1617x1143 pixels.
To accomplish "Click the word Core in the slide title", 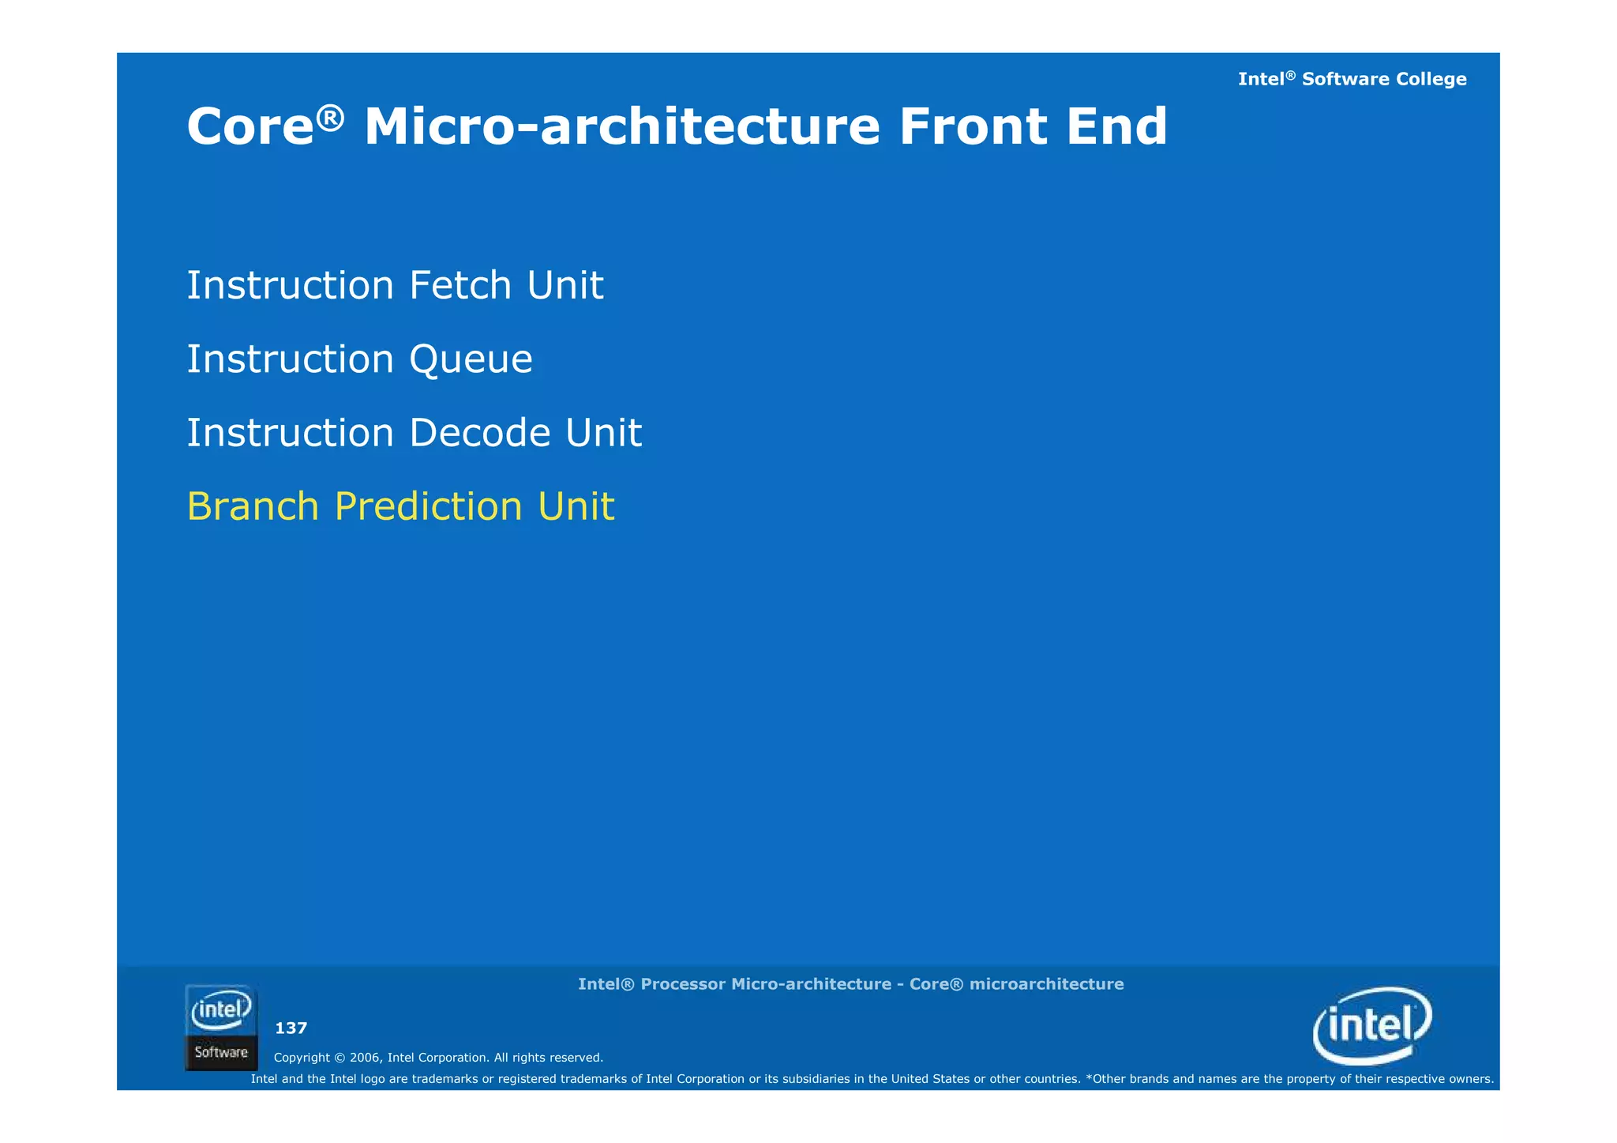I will pyautogui.click(x=250, y=127).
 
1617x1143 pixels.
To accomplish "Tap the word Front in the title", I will pyautogui.click(x=973, y=127).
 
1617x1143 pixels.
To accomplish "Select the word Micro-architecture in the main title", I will pyautogui.click(x=621, y=127).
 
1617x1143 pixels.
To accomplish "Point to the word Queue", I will pyautogui.click(x=471, y=360).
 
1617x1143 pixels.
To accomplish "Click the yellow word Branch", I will pyautogui.click(x=253, y=506).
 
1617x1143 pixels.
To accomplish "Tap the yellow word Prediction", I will pyautogui.click(x=428, y=508).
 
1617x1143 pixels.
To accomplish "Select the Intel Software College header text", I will pyautogui.click(x=1352, y=79).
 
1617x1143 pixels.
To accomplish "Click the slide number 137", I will pyautogui.click(x=291, y=1028).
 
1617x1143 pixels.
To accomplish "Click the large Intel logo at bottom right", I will pyautogui.click(x=1372, y=1025).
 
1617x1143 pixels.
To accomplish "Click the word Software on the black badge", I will pyautogui.click(x=221, y=1052).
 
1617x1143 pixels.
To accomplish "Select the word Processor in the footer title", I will pyautogui.click(x=682, y=984).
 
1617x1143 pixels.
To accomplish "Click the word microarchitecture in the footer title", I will pyautogui.click(x=1046, y=984).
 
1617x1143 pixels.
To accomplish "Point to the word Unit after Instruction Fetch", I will pyautogui.click(x=565, y=285).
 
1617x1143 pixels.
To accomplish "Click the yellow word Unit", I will pyautogui.click(x=576, y=506).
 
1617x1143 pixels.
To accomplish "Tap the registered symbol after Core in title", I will pyautogui.click(x=331, y=117).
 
